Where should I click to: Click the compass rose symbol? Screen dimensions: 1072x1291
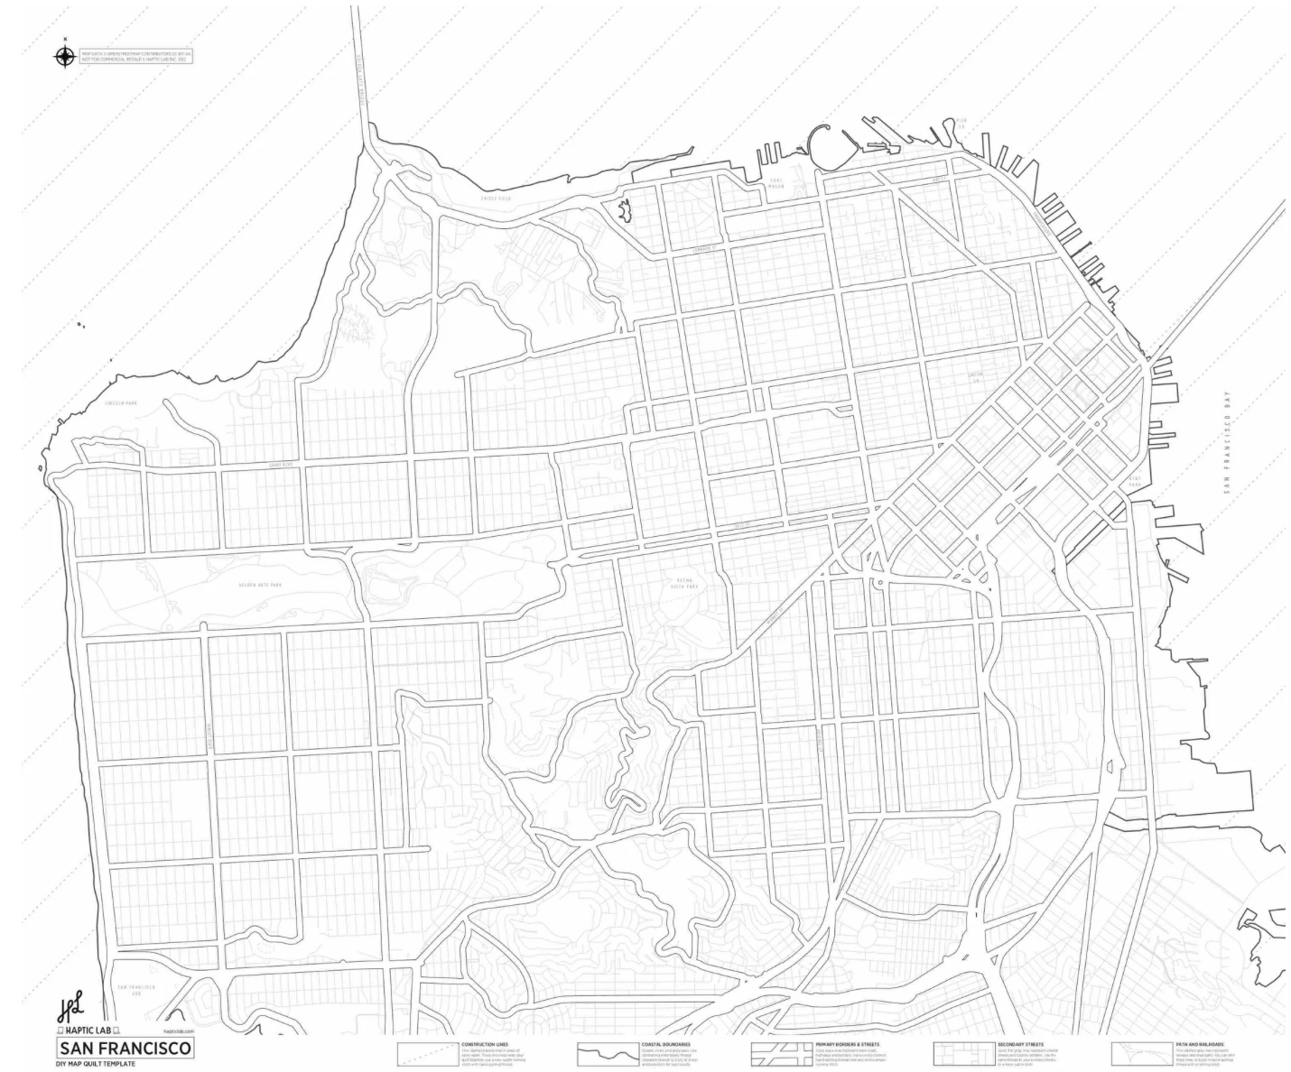click(x=65, y=56)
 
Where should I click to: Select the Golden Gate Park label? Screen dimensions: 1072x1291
click(x=260, y=586)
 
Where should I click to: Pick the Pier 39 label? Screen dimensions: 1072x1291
click(x=961, y=123)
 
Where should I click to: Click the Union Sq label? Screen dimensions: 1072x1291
click(x=975, y=377)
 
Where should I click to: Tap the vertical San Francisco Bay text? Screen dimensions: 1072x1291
click(x=1227, y=442)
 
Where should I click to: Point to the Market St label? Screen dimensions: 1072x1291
click(x=742, y=524)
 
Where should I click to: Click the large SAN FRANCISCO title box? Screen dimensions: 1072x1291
click(x=125, y=1049)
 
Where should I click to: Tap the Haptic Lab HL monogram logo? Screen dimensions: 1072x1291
click(x=70, y=1009)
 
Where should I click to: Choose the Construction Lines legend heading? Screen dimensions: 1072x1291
click(x=483, y=1044)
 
